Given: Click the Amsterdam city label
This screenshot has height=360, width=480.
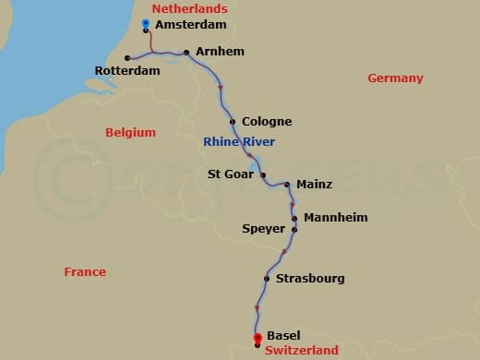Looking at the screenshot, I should click(191, 26).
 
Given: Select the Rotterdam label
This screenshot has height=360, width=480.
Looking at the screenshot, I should click(127, 71).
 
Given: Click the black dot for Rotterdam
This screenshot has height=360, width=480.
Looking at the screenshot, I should click(127, 58).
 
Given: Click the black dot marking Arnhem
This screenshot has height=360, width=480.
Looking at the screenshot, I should click(187, 53).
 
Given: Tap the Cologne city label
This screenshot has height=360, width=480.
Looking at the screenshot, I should click(266, 122).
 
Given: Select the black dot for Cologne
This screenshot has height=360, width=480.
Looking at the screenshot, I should click(232, 122).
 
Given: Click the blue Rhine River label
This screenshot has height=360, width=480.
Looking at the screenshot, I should click(239, 141).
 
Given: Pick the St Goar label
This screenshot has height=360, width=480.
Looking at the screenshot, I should click(227, 174).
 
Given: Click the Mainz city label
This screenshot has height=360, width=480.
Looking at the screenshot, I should click(314, 185).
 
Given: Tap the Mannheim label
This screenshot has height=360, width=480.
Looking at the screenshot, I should click(335, 218).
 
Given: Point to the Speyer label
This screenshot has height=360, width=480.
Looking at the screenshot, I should click(263, 229).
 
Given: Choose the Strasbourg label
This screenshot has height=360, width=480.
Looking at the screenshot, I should click(309, 278).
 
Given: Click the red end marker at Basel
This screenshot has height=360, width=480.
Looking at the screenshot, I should click(257, 338).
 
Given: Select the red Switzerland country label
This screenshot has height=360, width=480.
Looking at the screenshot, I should click(302, 350).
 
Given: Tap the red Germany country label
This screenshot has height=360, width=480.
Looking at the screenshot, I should click(395, 78).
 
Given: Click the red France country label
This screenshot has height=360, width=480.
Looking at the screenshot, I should click(85, 272).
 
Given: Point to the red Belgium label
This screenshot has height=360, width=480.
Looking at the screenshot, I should click(130, 133).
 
